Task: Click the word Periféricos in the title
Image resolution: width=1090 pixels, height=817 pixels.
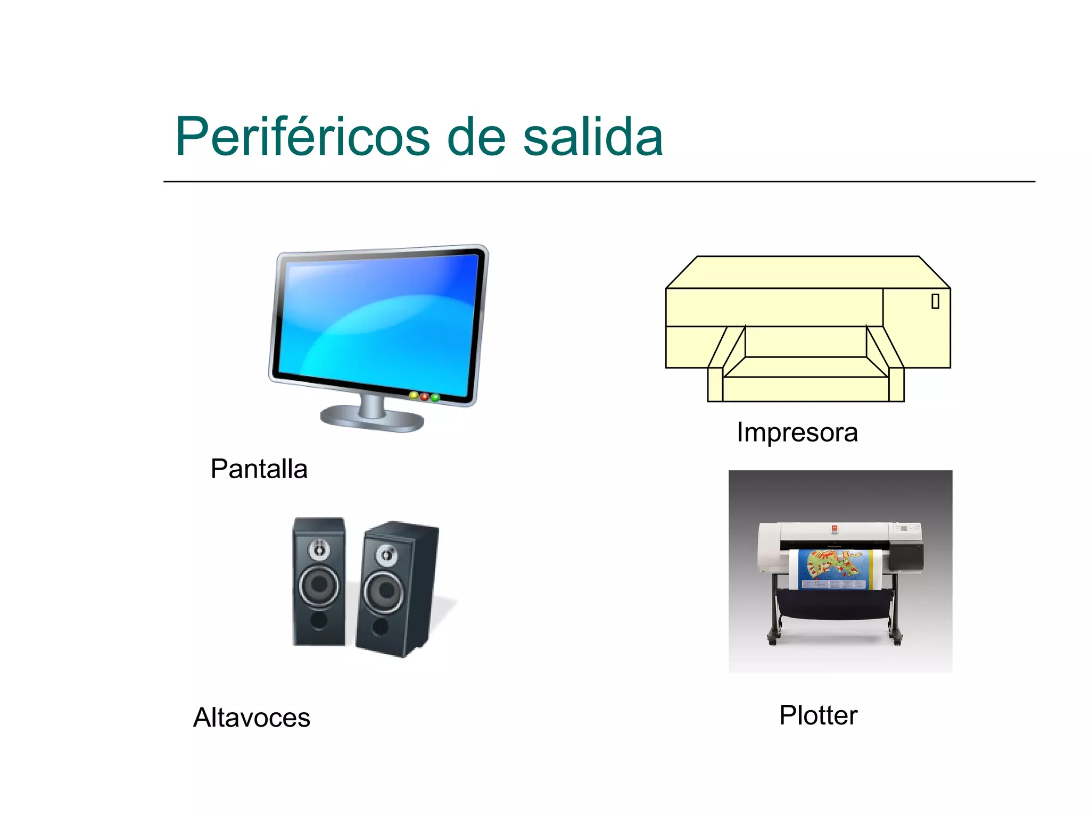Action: tap(302, 137)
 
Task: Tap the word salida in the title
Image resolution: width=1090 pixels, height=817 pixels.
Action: tap(593, 137)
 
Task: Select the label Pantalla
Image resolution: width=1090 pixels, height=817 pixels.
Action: tap(259, 469)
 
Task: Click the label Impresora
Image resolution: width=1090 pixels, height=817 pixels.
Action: tap(797, 432)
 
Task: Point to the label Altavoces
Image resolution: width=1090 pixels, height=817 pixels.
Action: tap(251, 718)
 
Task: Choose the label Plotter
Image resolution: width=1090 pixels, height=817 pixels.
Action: tap(818, 715)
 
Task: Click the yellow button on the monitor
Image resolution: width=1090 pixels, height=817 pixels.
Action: tap(414, 395)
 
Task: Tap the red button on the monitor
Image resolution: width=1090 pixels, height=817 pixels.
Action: tap(425, 397)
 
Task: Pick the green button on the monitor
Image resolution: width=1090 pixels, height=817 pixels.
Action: tap(435, 398)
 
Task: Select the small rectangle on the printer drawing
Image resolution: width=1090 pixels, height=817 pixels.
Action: tap(935, 302)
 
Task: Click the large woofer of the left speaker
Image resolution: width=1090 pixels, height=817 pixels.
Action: tap(319, 585)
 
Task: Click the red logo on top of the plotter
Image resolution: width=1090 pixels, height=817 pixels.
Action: tap(835, 529)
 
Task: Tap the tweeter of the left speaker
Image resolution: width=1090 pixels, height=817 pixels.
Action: tap(319, 549)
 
